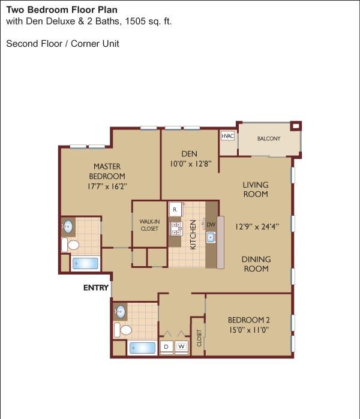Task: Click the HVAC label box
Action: click(x=227, y=136)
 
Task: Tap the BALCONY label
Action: click(x=269, y=138)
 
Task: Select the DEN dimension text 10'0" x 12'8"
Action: click(x=191, y=164)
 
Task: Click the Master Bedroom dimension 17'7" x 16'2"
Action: click(x=107, y=186)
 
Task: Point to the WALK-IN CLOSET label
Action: click(x=149, y=225)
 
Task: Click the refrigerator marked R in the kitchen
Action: click(x=175, y=209)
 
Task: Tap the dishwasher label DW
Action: click(x=211, y=224)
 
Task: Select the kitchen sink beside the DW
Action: click(x=211, y=237)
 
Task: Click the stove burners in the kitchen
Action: click(x=176, y=229)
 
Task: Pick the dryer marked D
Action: click(x=166, y=346)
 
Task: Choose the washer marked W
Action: click(x=181, y=346)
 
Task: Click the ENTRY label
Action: click(x=96, y=288)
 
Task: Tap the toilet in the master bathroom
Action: click(x=70, y=245)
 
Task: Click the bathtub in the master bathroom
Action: click(x=85, y=263)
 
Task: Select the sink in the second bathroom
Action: click(x=120, y=311)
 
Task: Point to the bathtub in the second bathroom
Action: click(x=142, y=348)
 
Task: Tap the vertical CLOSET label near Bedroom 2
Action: click(x=199, y=338)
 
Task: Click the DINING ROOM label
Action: click(x=256, y=264)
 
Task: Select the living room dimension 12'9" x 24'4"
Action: click(x=257, y=227)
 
